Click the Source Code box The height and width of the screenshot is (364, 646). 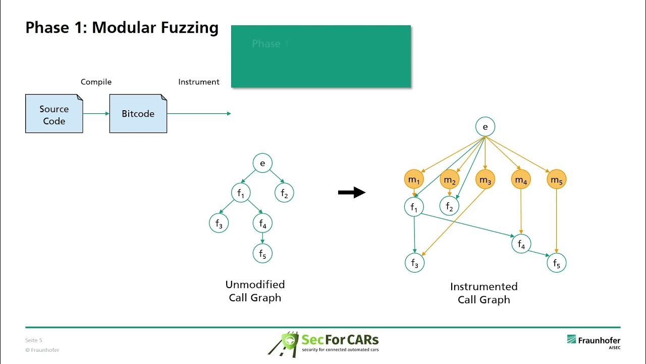pyautogui.click(x=54, y=114)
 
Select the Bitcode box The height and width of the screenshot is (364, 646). pyautogui.click(x=138, y=114)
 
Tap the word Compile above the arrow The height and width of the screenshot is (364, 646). pyautogui.click(x=96, y=82)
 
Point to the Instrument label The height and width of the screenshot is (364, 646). pyautogui.click(x=199, y=82)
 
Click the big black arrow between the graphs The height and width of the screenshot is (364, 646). pyautogui.click(x=352, y=192)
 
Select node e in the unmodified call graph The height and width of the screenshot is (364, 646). pyautogui.click(x=262, y=163)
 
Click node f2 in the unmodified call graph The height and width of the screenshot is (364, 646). pyautogui.click(x=284, y=193)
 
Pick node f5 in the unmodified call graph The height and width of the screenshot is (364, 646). pyautogui.click(x=262, y=254)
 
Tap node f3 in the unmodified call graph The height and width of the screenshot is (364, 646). pyautogui.click(x=219, y=223)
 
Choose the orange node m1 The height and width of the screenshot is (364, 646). pyautogui.click(x=414, y=179)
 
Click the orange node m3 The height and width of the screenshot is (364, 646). pyautogui.click(x=485, y=179)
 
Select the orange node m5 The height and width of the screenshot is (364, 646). pyautogui.click(x=556, y=179)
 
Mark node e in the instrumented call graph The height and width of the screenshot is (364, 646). pyautogui.click(x=485, y=127)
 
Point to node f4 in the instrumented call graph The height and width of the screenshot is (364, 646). pyautogui.click(x=521, y=244)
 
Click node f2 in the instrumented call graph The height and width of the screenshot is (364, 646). pyautogui.click(x=449, y=206)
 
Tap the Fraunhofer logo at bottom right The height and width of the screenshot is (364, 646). pyautogui.click(x=594, y=342)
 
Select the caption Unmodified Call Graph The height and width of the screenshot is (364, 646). pyautogui.click(x=255, y=291)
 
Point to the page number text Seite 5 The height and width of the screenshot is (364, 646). pyautogui.click(x=34, y=340)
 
